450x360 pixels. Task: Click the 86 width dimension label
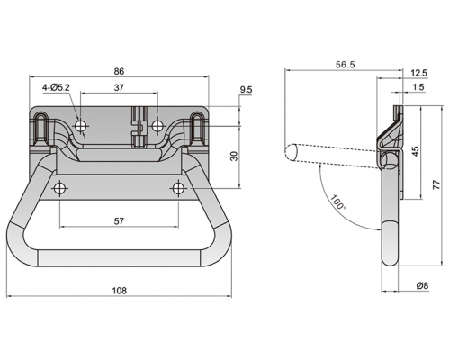coord(119,71)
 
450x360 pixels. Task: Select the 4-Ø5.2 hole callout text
coord(56,87)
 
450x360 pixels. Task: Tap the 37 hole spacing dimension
coord(119,87)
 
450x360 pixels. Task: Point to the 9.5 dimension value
coord(247,90)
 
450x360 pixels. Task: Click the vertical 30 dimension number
coord(235,156)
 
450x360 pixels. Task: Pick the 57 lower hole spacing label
coord(119,221)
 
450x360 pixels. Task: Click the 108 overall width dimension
coord(120,291)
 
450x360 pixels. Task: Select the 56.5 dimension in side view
coord(345,65)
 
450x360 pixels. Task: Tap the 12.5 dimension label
coord(419,73)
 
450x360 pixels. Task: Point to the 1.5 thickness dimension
coord(418,87)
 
